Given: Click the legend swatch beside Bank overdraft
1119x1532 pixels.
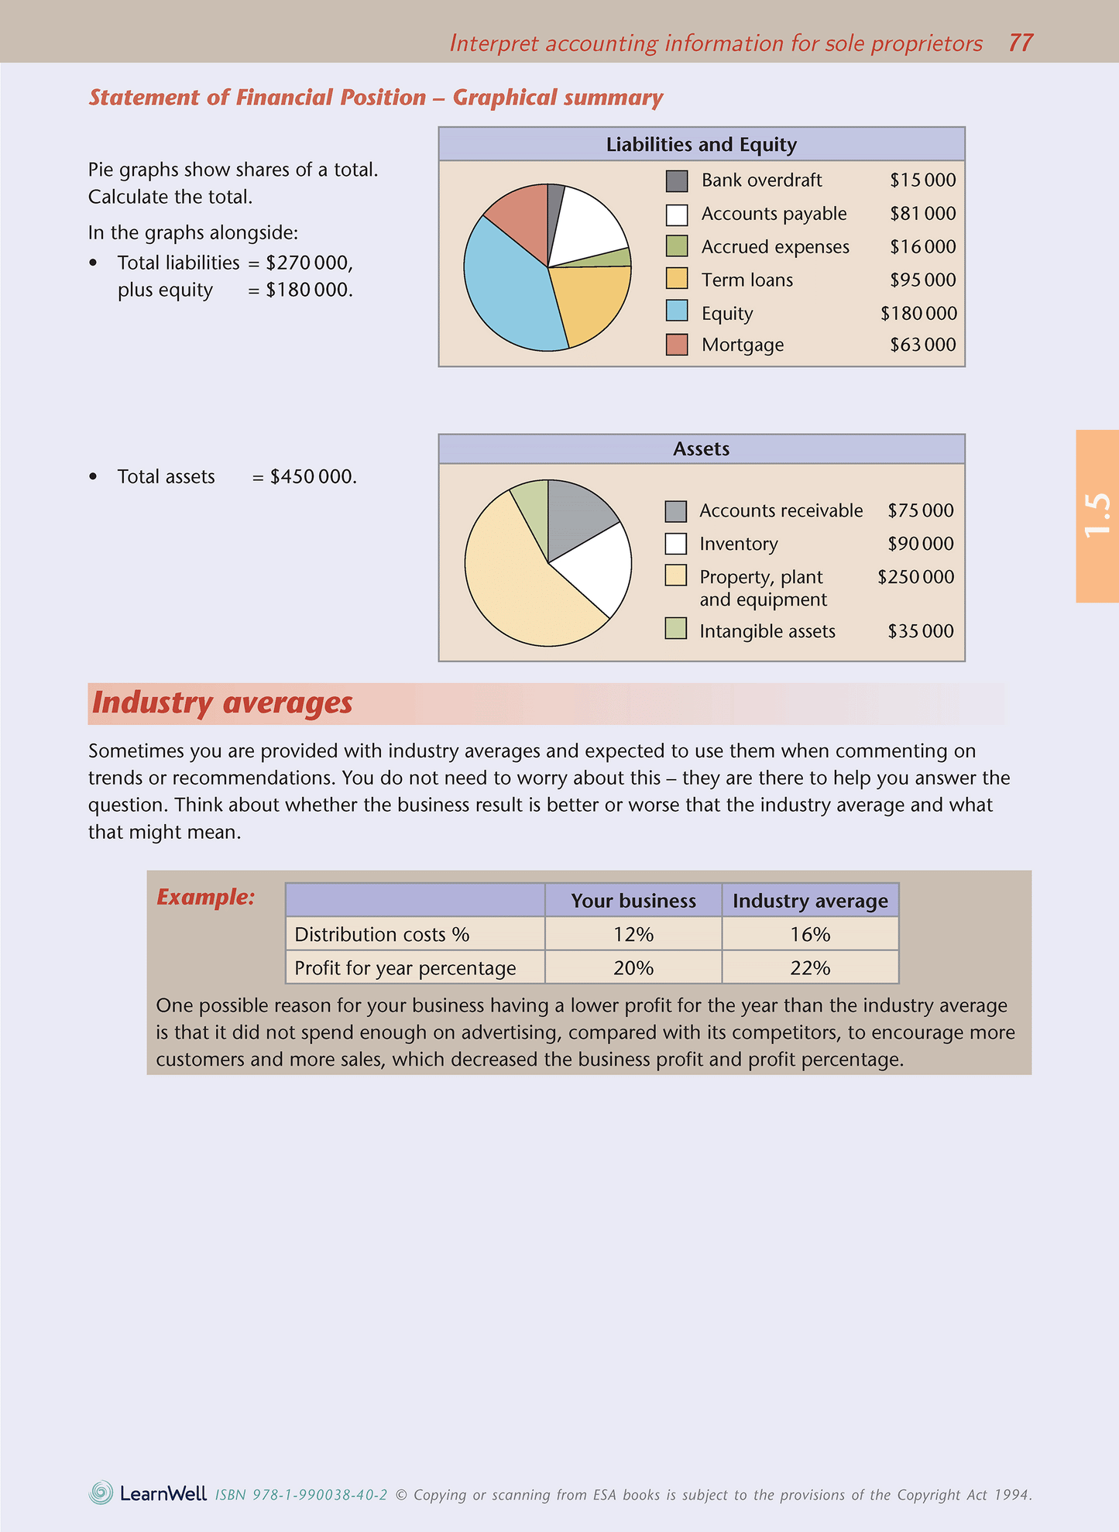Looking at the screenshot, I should coord(677,181).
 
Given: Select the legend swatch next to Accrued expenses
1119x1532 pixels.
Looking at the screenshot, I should coord(677,246).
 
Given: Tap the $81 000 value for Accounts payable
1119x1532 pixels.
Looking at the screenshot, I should coord(922,214).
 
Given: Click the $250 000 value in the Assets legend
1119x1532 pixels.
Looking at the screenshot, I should coord(915,577).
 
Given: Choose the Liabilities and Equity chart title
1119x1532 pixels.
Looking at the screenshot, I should coord(701,145).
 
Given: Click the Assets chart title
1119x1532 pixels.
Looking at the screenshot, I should coord(701,449).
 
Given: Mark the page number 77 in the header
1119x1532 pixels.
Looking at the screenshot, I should coord(1021,43).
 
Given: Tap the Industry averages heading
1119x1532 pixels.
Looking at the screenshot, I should coord(222,703).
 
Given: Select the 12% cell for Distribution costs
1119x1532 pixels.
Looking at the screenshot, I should coord(633,935).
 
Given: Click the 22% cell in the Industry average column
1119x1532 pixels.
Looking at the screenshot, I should coord(810,968).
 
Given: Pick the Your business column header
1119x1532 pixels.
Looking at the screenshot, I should coord(633,901).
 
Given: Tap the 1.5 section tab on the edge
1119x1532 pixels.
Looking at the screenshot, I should coord(1097,516).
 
